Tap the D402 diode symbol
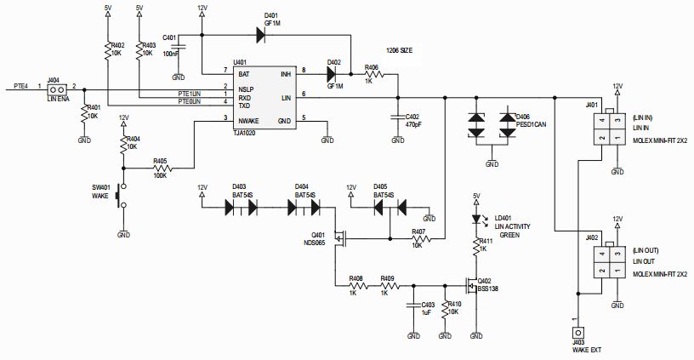pyautogui.click(x=334, y=74)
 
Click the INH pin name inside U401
pyautogui.click(x=286, y=74)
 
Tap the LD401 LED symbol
pyautogui.click(x=476, y=218)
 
